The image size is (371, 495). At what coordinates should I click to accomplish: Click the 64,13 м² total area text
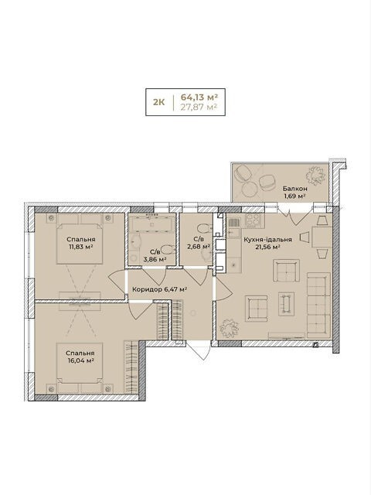pos(199,96)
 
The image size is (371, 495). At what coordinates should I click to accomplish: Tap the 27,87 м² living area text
pos(199,107)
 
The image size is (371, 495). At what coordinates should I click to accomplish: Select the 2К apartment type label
pos(158,102)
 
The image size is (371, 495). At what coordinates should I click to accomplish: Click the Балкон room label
pos(295,189)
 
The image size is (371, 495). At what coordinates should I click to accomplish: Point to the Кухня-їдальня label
pos(267,240)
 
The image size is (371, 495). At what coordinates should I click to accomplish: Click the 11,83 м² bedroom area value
pos(80,247)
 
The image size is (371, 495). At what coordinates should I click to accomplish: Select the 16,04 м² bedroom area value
pos(80,360)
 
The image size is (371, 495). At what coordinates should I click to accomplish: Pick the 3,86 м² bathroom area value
pos(155,260)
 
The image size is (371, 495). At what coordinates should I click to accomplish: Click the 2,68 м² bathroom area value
pos(199,247)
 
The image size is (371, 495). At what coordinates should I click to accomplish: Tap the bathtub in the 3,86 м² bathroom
pos(151,224)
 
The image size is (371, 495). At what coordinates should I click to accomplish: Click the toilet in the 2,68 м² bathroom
pos(202,227)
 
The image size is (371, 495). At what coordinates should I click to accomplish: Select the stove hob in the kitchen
pos(254,220)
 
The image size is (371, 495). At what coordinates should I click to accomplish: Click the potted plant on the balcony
pos(315,176)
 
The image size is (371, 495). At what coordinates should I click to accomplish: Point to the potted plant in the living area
pos(230,328)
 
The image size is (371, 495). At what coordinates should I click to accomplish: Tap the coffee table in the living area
pos(286,304)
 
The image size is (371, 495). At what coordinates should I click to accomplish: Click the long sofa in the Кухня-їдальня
pos(318,306)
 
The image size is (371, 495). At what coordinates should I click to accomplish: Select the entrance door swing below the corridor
pos(199,350)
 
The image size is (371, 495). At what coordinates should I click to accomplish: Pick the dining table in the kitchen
pos(322,237)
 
